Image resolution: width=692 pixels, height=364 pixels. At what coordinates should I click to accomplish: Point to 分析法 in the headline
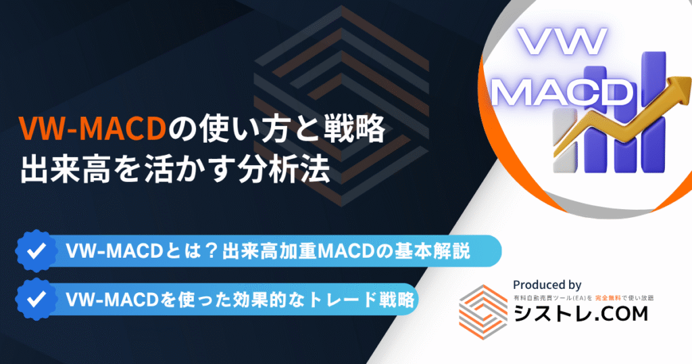(x=285, y=170)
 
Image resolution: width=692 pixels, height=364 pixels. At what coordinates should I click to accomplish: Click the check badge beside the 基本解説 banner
(x=36, y=251)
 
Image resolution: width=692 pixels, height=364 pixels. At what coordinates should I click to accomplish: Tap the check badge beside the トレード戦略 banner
(x=36, y=299)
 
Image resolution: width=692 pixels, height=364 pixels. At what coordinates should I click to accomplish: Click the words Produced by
(x=547, y=285)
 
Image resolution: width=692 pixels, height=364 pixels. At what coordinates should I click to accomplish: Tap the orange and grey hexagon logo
(x=483, y=312)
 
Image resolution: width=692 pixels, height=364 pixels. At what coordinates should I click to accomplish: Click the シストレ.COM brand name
(x=580, y=314)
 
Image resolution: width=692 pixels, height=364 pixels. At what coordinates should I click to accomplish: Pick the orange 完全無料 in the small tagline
(x=608, y=298)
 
